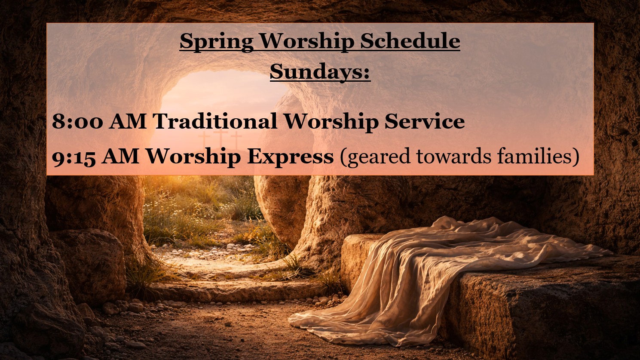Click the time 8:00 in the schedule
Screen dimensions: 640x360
coord(77,121)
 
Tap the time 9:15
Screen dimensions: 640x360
coord(74,157)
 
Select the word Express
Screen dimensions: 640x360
coord(290,157)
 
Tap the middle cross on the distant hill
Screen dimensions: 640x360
coord(220,138)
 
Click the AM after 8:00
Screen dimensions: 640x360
coord(128,121)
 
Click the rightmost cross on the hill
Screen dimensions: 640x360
coord(236,140)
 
